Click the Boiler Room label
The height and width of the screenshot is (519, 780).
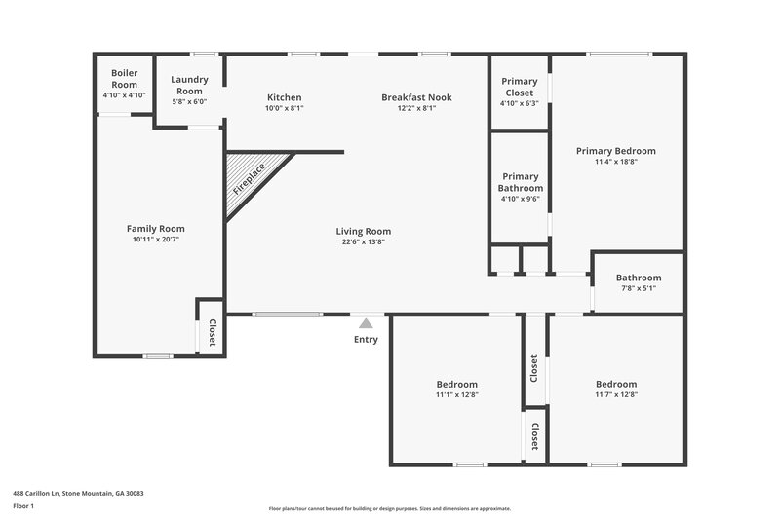[x=124, y=79]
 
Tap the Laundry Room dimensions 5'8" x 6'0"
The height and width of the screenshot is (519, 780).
[x=189, y=101]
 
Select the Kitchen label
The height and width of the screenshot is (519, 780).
[x=285, y=97]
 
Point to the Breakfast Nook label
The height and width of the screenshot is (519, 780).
[x=416, y=97]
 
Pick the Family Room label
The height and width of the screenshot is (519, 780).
[x=156, y=229]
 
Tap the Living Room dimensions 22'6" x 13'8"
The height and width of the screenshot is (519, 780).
[x=363, y=241]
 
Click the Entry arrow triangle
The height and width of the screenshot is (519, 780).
[x=366, y=323]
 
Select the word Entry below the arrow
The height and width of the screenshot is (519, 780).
[x=366, y=340]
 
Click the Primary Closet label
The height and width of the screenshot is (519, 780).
[x=519, y=87]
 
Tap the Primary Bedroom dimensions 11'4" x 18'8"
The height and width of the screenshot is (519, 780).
[x=615, y=162]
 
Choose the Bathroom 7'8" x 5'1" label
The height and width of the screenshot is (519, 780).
[x=639, y=278]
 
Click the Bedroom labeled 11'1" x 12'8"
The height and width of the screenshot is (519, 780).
[x=456, y=384]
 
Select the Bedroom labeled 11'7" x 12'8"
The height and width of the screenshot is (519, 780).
[x=615, y=384]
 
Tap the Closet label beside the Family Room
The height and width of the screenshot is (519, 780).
[x=211, y=334]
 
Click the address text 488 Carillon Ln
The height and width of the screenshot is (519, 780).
[x=78, y=494]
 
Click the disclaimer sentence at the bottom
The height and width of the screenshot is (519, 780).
[x=389, y=508]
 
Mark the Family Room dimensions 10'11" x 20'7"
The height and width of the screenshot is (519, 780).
[x=156, y=240]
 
